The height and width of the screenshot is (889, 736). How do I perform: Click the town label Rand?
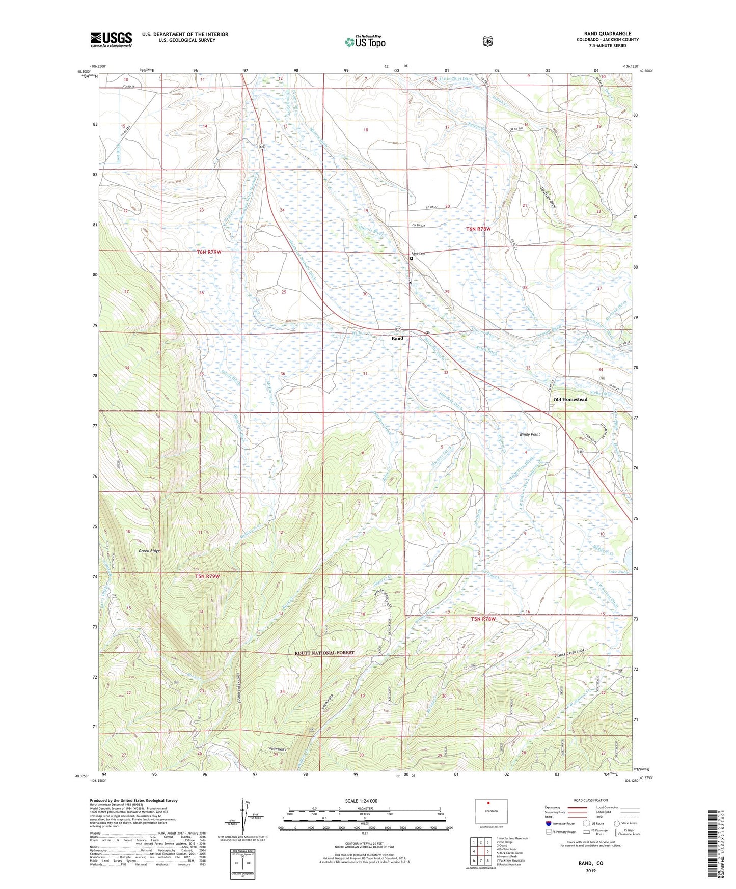pyautogui.click(x=397, y=338)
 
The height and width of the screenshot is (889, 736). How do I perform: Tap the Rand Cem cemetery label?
pyautogui.click(x=418, y=254)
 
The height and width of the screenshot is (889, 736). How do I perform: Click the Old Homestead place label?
pyautogui.click(x=570, y=399)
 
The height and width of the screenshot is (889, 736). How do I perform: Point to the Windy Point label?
pyautogui.click(x=529, y=434)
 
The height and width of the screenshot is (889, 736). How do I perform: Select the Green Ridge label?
pyautogui.click(x=149, y=551)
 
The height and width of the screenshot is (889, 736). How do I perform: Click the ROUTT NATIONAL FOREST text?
pyautogui.click(x=324, y=653)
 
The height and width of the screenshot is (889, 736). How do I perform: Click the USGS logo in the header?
pyautogui.click(x=111, y=39)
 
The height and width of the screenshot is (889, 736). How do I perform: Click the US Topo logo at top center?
pyautogui.click(x=365, y=42)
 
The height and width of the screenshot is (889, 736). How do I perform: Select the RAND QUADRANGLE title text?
pyautogui.click(x=608, y=34)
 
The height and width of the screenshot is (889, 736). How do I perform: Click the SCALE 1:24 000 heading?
pyautogui.click(x=361, y=801)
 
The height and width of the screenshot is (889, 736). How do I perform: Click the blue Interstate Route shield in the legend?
pyautogui.click(x=548, y=823)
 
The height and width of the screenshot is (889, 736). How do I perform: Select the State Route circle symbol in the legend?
pyautogui.click(x=617, y=823)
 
